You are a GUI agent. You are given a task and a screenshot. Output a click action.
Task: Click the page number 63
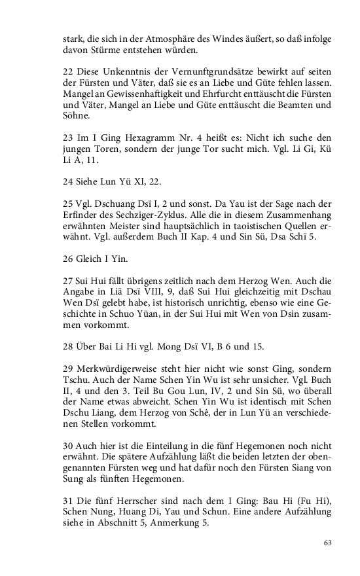[x=328, y=543]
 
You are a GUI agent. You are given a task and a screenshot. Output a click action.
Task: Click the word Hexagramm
[x=143, y=138]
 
